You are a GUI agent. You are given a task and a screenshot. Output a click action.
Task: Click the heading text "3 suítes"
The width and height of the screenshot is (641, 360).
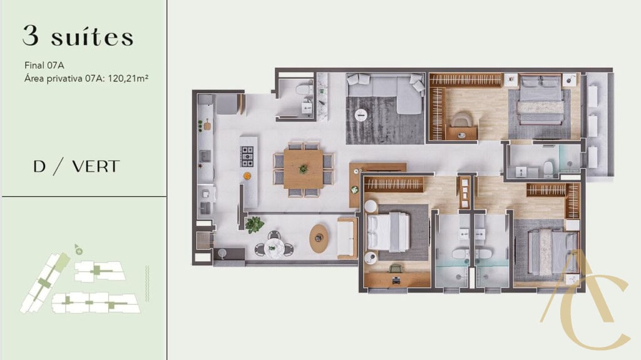pyautogui.click(x=78, y=36)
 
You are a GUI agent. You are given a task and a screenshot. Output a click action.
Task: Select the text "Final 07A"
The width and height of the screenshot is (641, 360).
pyautogui.click(x=44, y=65)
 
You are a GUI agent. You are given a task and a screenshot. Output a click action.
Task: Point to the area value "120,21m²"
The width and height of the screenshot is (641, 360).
pyautogui.click(x=128, y=78)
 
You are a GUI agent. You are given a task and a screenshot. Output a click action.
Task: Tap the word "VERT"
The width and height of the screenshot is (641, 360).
pyautogui.click(x=96, y=167)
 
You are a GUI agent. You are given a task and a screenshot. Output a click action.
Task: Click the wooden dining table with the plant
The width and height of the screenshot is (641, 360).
pyautogui.click(x=304, y=169)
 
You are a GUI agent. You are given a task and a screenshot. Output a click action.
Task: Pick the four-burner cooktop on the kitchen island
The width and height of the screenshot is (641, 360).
pyautogui.click(x=247, y=157)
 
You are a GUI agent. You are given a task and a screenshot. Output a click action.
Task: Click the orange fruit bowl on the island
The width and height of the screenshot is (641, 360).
pyautogui.click(x=247, y=175)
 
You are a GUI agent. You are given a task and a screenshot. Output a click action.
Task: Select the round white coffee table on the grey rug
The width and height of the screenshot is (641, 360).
pyautogui.click(x=361, y=115)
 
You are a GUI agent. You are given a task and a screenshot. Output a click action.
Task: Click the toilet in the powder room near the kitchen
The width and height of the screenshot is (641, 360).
pyautogui.click(x=304, y=90)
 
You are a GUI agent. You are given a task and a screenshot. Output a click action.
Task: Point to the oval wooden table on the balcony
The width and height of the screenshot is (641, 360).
pyautogui.click(x=319, y=238)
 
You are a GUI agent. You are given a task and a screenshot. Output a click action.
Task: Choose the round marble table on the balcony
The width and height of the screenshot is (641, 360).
pyautogui.click(x=274, y=247)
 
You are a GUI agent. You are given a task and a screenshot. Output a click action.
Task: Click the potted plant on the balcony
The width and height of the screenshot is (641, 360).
pyautogui.click(x=254, y=225)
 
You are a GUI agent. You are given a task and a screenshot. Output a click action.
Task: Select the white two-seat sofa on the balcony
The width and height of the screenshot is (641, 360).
pyautogui.click(x=347, y=238)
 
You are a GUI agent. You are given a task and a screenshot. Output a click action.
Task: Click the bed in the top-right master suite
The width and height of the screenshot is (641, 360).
pyautogui.click(x=540, y=100)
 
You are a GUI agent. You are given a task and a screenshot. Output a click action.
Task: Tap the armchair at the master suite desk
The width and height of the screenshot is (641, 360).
pyautogui.click(x=462, y=119)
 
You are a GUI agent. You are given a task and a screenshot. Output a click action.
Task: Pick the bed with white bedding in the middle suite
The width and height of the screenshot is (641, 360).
pyautogui.click(x=388, y=232)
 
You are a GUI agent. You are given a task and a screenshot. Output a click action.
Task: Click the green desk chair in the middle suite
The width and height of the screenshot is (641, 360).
pyautogui.click(x=396, y=269)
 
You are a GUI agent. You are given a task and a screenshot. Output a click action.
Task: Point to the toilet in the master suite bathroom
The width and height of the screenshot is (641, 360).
pyautogui.click(x=548, y=168)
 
